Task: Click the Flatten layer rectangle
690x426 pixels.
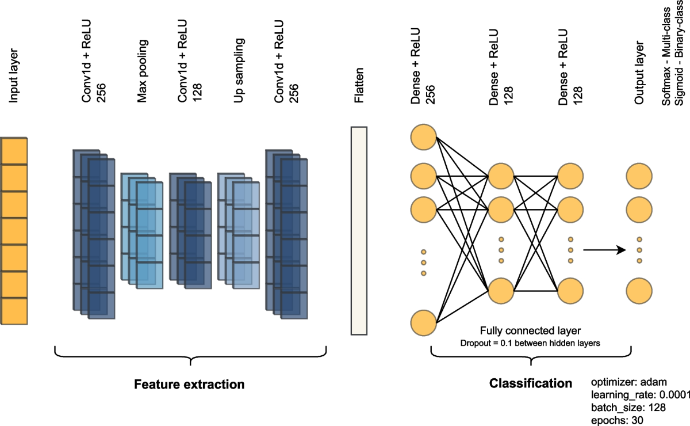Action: tap(358, 230)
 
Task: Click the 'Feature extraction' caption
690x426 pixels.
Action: tap(189, 384)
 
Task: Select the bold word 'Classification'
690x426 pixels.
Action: tap(530, 383)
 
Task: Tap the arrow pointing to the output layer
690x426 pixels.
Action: tap(604, 250)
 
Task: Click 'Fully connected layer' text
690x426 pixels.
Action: tap(530, 332)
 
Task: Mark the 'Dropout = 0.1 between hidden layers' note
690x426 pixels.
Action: tap(530, 343)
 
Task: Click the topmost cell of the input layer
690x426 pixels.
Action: tap(14, 151)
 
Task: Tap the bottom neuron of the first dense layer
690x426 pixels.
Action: tap(424, 322)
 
